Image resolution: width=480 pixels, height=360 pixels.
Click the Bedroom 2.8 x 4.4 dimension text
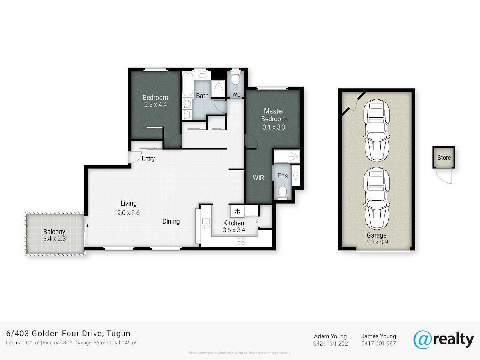[156, 104]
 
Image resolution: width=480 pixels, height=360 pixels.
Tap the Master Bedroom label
[274, 115]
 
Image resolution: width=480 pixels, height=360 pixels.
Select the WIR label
[258, 178]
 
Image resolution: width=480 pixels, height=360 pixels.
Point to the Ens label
[282, 176]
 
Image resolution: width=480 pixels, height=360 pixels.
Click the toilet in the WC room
[235, 79]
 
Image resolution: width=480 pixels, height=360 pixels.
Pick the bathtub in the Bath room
[188, 84]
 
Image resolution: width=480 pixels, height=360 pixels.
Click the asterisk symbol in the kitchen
[237, 211]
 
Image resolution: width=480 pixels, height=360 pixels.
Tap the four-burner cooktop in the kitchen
[241, 242]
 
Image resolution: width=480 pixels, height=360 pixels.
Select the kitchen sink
[206, 224]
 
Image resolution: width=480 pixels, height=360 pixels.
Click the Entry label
[148, 158]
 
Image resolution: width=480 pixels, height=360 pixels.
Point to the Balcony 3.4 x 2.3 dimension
[54, 239]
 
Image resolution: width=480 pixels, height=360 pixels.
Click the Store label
[444, 158]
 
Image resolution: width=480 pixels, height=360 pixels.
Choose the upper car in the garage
[376, 130]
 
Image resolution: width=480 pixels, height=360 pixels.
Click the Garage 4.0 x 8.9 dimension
[376, 242]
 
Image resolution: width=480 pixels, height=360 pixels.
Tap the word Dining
[171, 222]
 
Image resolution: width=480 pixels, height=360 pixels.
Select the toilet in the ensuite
[282, 192]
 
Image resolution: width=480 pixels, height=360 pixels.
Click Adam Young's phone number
[330, 343]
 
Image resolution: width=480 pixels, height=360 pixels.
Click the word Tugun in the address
[118, 334]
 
